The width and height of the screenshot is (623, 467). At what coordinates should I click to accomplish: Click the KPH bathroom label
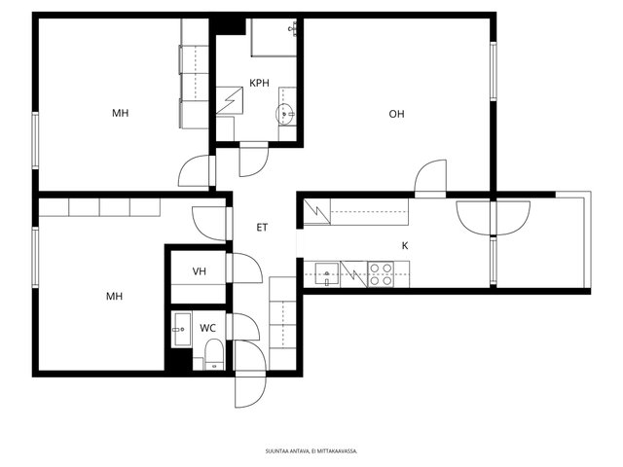pos(259,83)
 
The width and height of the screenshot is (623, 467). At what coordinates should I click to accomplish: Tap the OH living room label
pos(396,115)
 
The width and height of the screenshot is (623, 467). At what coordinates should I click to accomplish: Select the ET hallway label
pos(262,228)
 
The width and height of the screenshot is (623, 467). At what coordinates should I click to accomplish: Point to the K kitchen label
pos(405,246)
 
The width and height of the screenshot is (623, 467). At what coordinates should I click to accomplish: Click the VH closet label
pos(199,271)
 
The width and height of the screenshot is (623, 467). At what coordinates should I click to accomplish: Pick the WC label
pos(207,329)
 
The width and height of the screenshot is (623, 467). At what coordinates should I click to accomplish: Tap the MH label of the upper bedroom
pos(120,114)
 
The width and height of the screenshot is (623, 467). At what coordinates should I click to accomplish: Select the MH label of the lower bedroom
pos(114,296)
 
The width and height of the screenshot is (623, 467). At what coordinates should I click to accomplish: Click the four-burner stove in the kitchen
pos(381,274)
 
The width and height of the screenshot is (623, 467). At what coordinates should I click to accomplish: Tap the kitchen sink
pos(327,273)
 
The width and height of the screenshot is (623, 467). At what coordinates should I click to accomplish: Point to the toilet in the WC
pos(214,354)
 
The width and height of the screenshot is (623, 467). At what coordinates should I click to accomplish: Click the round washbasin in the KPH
pos(285,114)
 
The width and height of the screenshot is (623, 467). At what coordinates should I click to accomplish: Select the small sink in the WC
pos(182,329)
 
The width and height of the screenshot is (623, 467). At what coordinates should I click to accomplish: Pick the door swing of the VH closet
pos(247,269)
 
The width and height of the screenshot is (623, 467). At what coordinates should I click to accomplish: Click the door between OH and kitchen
pos(430,179)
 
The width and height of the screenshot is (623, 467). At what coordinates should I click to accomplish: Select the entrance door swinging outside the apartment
pos(250,391)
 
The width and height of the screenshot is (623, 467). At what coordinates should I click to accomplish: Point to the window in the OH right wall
pos(494,71)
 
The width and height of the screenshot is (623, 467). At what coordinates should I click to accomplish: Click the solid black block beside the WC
pos(178,359)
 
